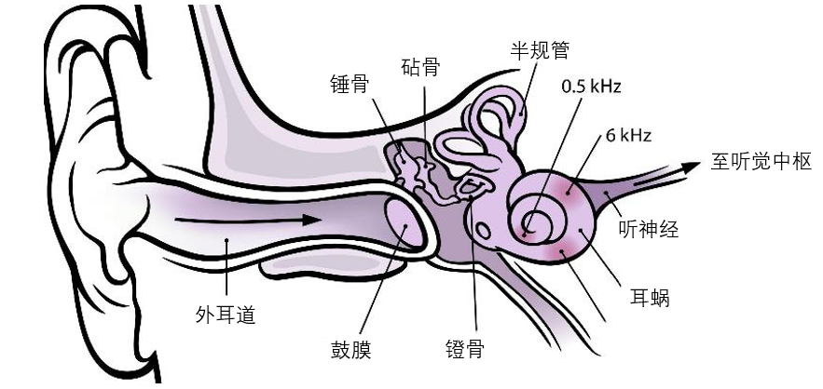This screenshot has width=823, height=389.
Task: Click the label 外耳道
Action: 225,315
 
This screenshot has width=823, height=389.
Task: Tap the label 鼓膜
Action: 350,350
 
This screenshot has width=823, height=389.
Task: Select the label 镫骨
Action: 466,350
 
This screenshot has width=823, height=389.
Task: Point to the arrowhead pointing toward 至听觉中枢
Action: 691,167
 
